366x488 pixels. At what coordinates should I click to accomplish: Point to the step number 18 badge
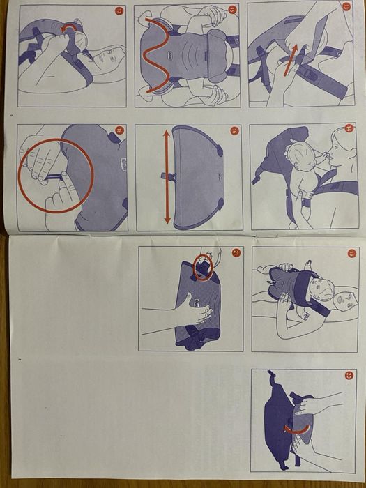[x=119, y=130]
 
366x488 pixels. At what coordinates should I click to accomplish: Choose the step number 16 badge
[x=232, y=130]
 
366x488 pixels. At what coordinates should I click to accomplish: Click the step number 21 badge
[x=234, y=252]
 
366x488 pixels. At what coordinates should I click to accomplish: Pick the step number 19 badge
[x=351, y=253]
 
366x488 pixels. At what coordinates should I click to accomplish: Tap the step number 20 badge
[x=349, y=375]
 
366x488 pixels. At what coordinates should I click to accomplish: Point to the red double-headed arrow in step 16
[x=167, y=178]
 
